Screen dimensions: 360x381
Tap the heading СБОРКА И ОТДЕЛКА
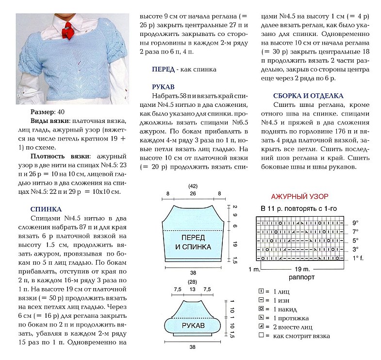point(308,96)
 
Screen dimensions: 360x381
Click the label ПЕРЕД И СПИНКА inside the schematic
point(193,242)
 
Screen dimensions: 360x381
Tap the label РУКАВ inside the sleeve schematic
point(193,324)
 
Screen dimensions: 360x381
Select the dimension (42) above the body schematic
point(193,186)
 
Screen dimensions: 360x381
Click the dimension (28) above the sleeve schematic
point(193,282)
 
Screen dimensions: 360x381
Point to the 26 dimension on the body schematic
point(193,194)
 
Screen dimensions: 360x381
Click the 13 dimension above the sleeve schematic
point(193,290)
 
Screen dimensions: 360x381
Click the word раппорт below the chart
point(301,277)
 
